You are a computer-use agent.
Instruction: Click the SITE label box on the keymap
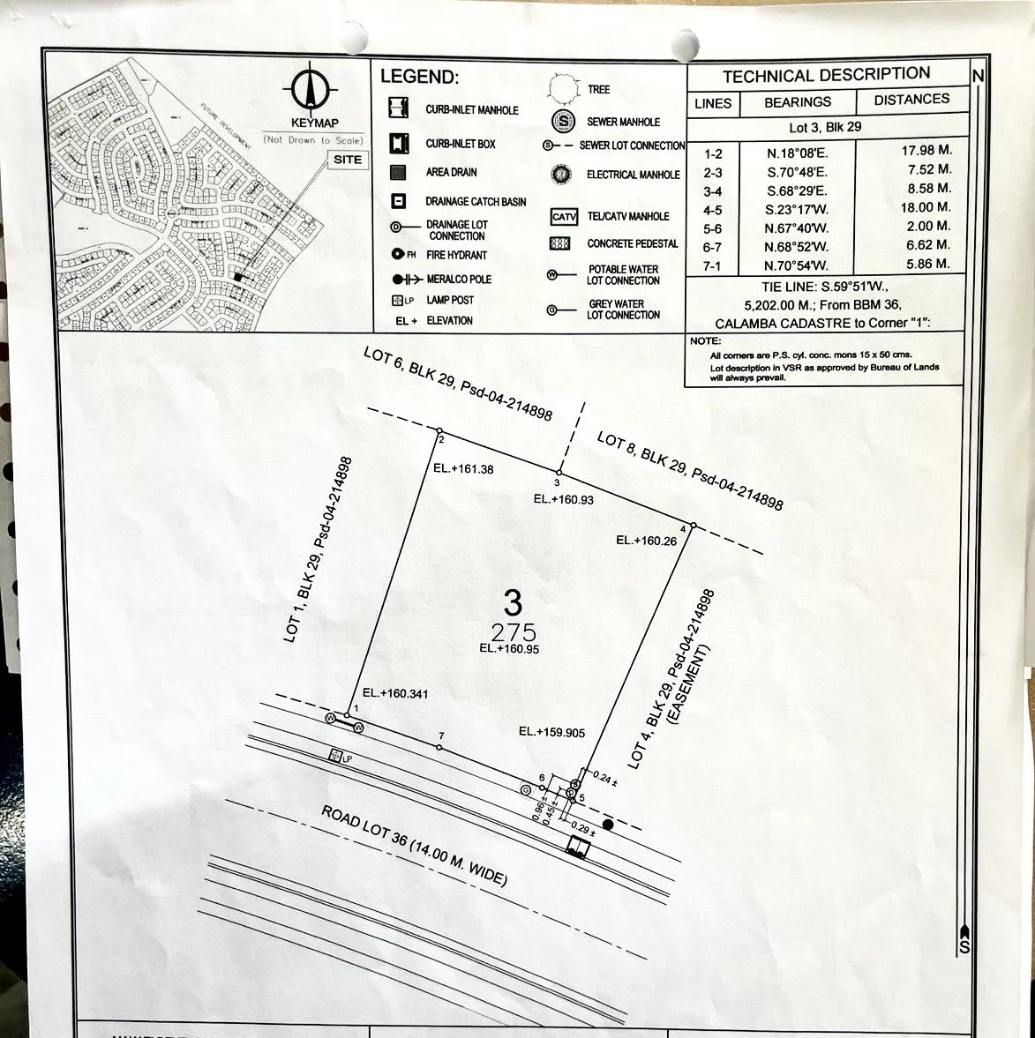click(348, 160)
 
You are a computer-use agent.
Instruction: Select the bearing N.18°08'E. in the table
click(797, 153)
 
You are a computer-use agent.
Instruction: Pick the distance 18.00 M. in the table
click(926, 207)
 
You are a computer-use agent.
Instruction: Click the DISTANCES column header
click(911, 100)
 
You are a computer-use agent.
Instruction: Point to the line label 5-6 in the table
click(712, 229)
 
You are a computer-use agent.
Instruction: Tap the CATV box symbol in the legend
click(564, 217)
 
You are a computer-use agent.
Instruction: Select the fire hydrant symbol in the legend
click(398, 255)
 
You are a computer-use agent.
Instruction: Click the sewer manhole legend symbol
click(562, 122)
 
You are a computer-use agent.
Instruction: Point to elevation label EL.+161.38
click(463, 469)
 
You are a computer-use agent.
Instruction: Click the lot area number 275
click(514, 632)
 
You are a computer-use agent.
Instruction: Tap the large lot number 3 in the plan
click(513, 603)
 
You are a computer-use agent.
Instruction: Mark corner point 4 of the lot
click(693, 526)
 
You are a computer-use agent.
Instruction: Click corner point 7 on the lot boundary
click(439, 748)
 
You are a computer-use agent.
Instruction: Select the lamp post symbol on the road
click(334, 755)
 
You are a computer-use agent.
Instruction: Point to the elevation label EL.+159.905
click(551, 731)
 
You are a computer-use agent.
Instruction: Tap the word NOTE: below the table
click(706, 341)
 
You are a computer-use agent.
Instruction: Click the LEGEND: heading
click(419, 77)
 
